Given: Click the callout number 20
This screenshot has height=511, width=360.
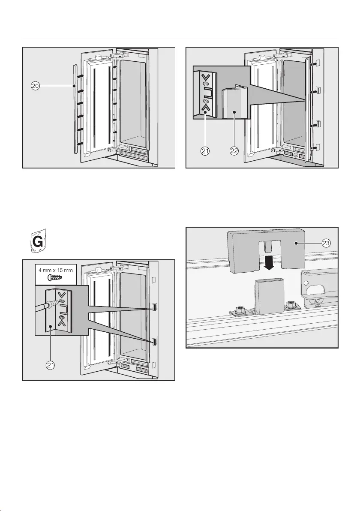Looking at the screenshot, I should tap(36, 86).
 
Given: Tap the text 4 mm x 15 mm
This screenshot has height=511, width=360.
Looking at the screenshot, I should tap(56, 271).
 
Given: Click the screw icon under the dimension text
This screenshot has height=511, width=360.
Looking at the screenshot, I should tap(56, 277).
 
